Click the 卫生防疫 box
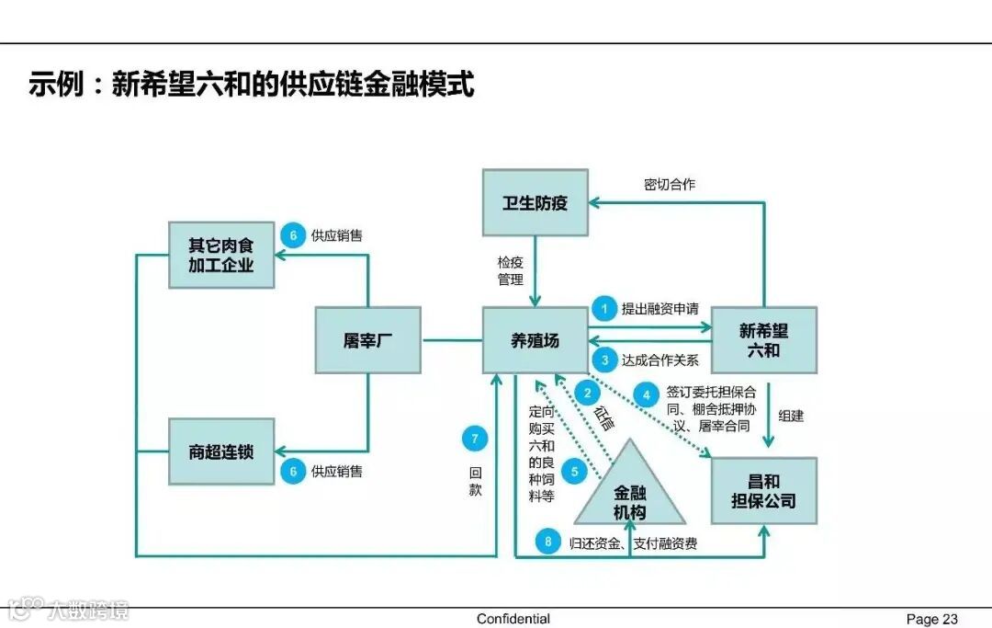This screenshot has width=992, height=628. (x=535, y=202)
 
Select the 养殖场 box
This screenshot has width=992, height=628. (x=535, y=340)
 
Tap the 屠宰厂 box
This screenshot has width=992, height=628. (x=367, y=340)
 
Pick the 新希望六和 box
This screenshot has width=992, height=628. (x=763, y=340)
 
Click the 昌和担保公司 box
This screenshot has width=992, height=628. (x=763, y=491)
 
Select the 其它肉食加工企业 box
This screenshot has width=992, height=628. (x=221, y=255)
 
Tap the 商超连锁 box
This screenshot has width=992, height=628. (x=221, y=451)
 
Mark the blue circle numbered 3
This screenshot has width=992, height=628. (x=604, y=360)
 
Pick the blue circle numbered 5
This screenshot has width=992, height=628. (x=574, y=473)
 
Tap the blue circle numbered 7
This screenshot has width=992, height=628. (x=474, y=439)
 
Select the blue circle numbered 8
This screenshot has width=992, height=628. (x=548, y=542)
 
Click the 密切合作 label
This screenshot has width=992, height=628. (x=670, y=185)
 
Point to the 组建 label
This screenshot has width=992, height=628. (x=791, y=416)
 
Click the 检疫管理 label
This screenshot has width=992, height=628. (x=511, y=270)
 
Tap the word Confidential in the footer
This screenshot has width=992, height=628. (x=513, y=619)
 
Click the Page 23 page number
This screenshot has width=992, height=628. (x=931, y=619)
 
